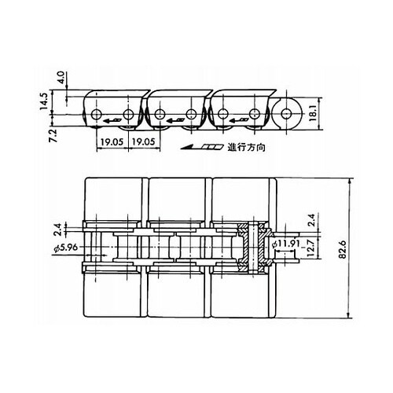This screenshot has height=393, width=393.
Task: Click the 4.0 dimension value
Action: [61, 77]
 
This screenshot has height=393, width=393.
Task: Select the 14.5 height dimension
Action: [44, 101]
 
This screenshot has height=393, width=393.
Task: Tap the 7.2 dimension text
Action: [53, 136]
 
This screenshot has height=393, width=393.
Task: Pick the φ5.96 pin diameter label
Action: [66, 248]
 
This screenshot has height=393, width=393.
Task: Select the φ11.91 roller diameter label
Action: [286, 244]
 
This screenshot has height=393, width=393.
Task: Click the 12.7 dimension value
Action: [310, 248]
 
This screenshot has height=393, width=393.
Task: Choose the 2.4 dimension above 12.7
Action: [311, 220]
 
